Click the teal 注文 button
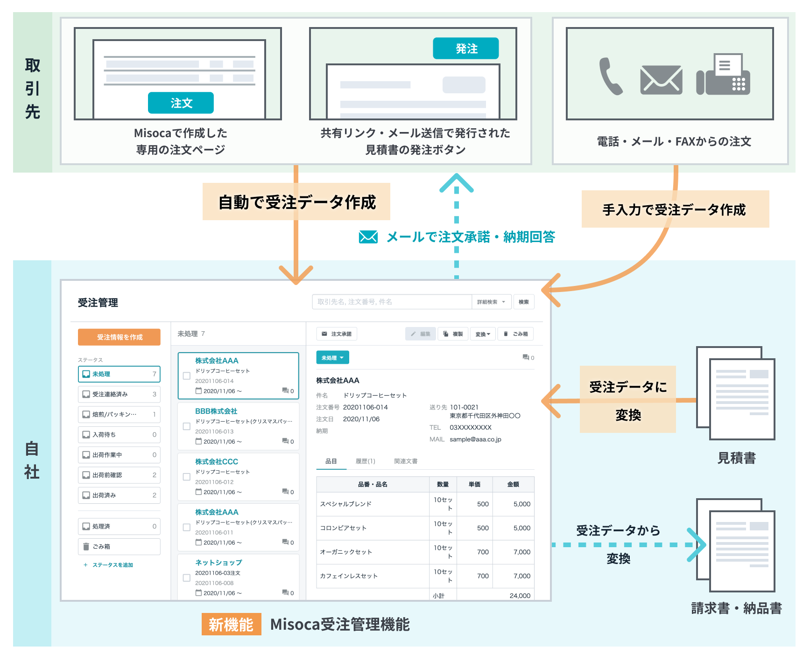[181, 103]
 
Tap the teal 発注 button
[465, 49]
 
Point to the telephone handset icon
[610, 77]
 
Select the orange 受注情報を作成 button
[119, 337]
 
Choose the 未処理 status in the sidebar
[119, 374]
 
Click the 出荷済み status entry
[119, 495]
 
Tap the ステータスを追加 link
[112, 565]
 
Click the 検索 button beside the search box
[524, 302]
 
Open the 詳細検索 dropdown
[491, 302]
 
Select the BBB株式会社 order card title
[216, 411]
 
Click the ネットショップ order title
[218, 563]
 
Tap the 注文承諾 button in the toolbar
[337, 334]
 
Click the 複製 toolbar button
[453, 334]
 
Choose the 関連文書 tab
[405, 461]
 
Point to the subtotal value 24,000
[520, 596]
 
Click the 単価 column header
[474, 485]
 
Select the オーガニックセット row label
[346, 552]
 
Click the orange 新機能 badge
[231, 625]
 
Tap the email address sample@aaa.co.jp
[475, 439]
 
